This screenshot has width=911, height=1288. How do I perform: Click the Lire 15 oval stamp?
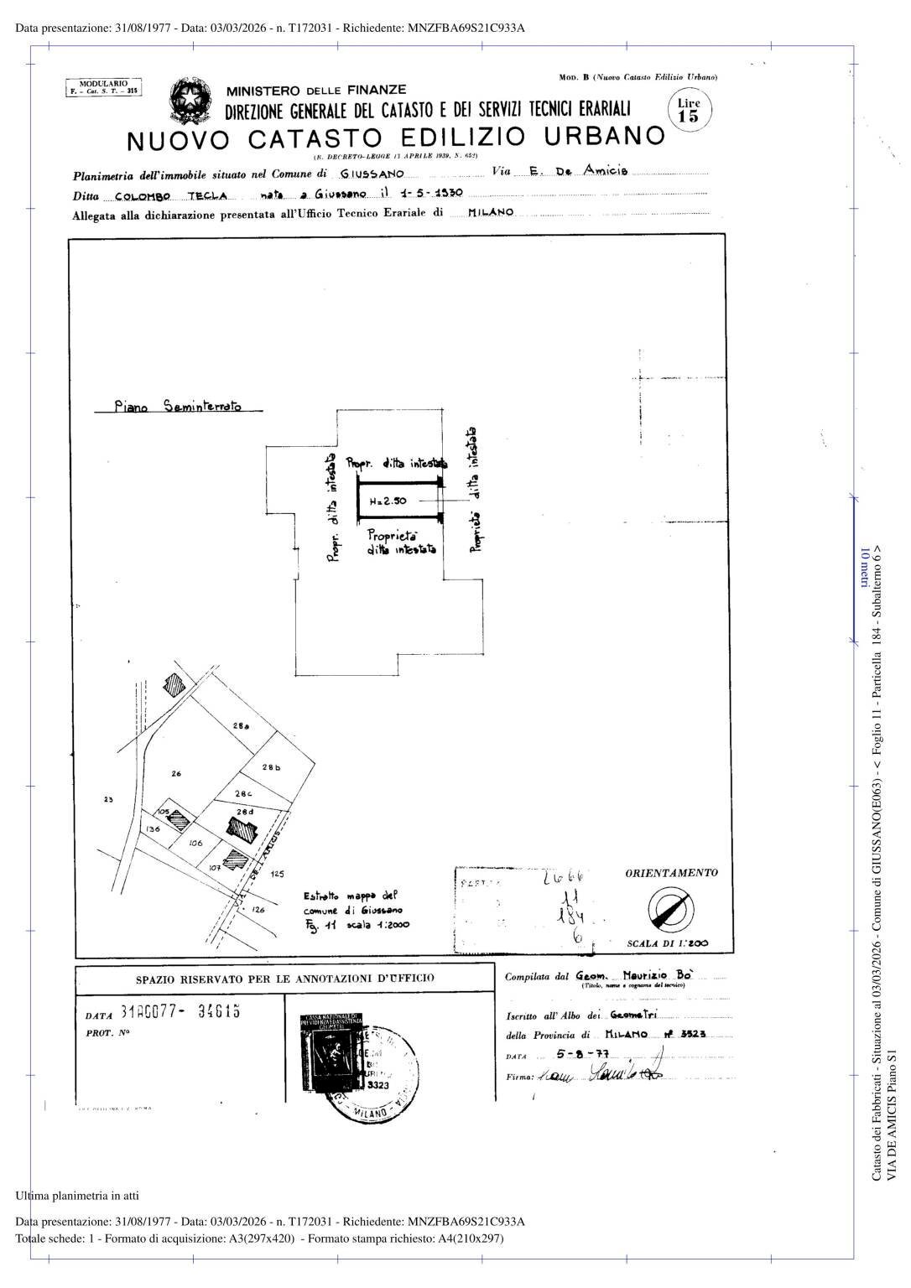tap(688, 110)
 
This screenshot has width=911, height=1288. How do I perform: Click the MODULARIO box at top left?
tap(103, 87)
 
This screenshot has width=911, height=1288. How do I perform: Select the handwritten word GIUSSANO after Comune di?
tap(372, 174)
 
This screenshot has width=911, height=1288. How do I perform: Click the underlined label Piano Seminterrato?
tap(178, 407)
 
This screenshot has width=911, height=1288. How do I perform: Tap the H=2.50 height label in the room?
tap(388, 501)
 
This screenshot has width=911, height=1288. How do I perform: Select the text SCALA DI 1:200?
tap(667, 943)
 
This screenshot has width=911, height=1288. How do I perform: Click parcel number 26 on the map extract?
tap(176, 773)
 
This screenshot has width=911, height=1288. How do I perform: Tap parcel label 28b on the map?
tap(271, 767)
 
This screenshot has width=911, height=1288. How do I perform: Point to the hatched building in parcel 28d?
tap(242, 830)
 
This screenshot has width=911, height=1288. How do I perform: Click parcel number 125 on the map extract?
tap(278, 874)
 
